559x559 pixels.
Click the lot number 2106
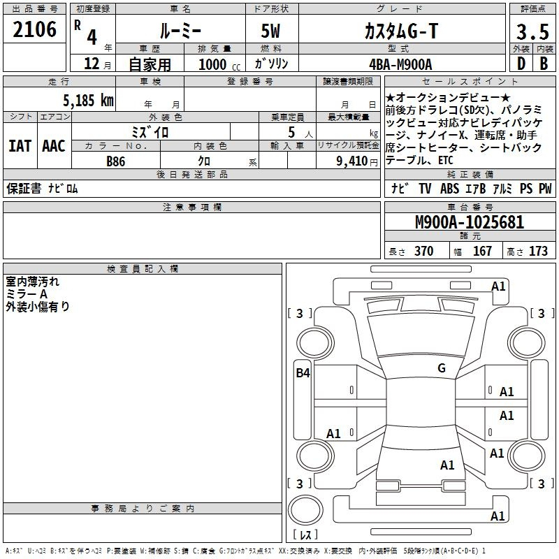coord(34,29)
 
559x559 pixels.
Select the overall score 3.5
coord(532,31)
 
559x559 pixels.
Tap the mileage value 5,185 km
coord(88,101)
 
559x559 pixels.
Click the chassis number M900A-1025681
coord(470,222)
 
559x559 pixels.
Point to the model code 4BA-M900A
coord(400,64)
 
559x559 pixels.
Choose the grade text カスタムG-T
coord(401,31)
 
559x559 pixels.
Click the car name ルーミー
coord(180,31)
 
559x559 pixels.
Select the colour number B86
coord(116,161)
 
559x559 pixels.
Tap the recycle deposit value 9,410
coord(352,161)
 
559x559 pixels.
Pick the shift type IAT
coord(20,146)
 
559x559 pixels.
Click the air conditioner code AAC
coord(54,146)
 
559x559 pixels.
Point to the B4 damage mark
coord(303,373)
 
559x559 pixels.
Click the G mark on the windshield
coord(442,368)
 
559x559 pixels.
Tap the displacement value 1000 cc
coord(219,64)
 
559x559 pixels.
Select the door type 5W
coord(271,31)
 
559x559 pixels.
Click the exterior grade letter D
coord(521,64)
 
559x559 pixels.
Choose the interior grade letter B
coord(544,64)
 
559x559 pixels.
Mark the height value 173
coord(538,252)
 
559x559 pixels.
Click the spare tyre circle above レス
coord(305,510)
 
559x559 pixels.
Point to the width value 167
coord(482,252)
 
